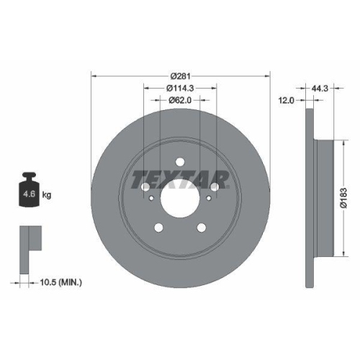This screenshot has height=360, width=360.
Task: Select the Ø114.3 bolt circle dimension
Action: coord(180,88)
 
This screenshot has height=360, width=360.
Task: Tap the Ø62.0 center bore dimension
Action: coord(180,100)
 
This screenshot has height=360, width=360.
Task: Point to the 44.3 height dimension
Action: coord(322,89)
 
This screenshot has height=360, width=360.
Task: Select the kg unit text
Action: coord(47,194)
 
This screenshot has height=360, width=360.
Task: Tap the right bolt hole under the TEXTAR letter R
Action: coord(214,188)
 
